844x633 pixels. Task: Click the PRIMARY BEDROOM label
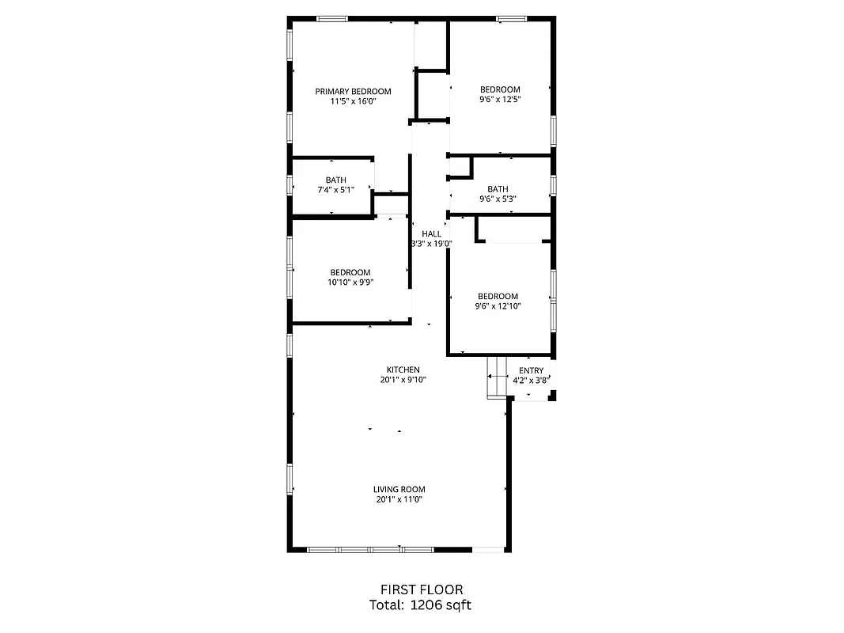[353, 91]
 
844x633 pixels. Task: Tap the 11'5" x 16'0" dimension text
[353, 101]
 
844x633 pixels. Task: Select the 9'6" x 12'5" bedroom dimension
[500, 100]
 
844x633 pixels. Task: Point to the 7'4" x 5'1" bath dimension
[335, 190]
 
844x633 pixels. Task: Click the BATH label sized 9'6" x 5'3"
[498, 189]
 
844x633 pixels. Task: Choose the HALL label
[431, 233]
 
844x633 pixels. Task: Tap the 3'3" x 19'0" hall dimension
[431, 244]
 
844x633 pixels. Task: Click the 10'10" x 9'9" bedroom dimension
[350, 282]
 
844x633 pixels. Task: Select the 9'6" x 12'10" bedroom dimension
[498, 306]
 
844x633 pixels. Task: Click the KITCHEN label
[403, 370]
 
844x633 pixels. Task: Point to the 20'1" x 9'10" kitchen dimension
[403, 380]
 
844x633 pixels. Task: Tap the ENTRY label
[531, 370]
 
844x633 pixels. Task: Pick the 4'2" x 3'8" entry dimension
[531, 381]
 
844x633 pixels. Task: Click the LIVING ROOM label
[399, 489]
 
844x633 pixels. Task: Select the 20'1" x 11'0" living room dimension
[399, 499]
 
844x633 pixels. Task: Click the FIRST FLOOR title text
[422, 589]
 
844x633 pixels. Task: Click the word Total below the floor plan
[387, 605]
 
